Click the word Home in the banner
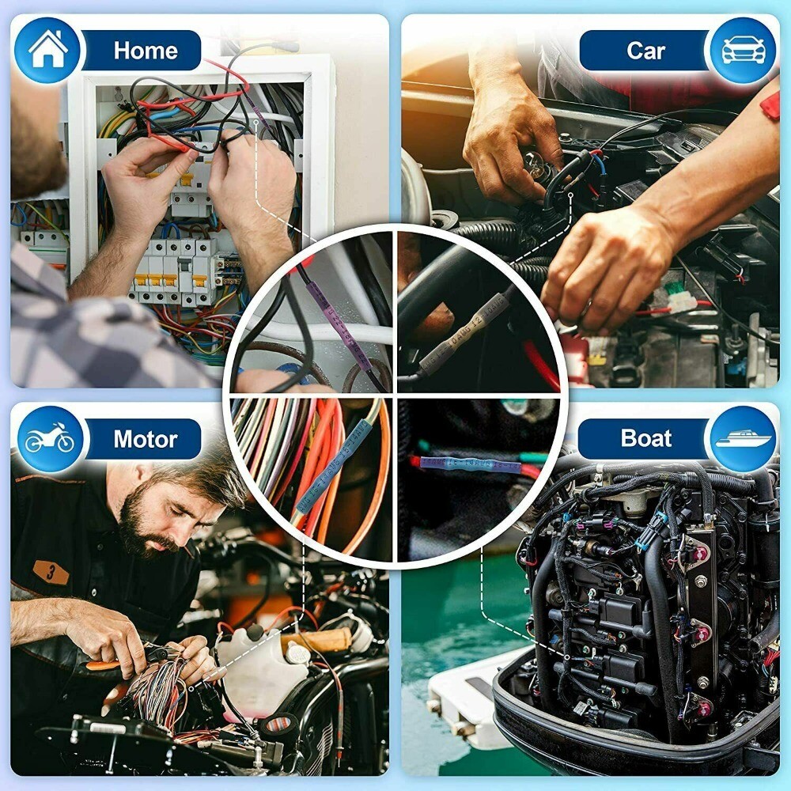click(x=146, y=50)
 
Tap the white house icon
click(x=47, y=49)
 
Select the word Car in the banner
click(x=645, y=51)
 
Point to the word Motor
click(x=146, y=439)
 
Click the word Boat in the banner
click(x=645, y=439)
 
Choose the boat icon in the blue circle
click(x=743, y=439)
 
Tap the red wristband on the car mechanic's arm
click(x=770, y=103)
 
